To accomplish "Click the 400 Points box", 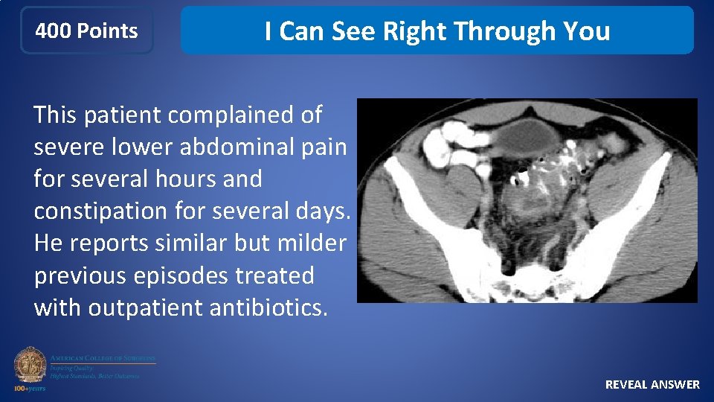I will (x=86, y=31).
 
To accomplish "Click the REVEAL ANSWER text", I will (x=652, y=384).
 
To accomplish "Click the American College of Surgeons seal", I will (x=30, y=365).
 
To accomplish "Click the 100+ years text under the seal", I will (x=30, y=388).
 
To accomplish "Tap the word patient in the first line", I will (x=123, y=115).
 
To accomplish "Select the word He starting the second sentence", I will (x=48, y=243).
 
